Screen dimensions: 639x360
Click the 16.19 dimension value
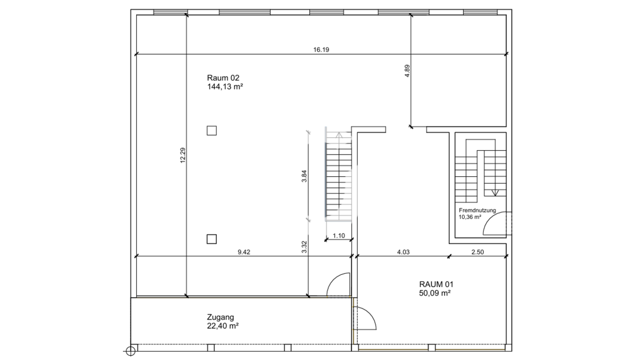point(321,50)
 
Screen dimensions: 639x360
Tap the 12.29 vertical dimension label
point(183,155)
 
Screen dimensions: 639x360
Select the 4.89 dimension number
point(407,71)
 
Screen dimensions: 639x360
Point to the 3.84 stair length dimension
point(304,176)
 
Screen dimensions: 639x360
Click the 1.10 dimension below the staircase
point(339,235)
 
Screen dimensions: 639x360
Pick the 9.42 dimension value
point(244,252)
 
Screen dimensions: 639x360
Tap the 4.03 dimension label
point(404,252)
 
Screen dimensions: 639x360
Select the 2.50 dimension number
point(478,252)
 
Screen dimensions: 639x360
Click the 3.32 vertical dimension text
point(304,247)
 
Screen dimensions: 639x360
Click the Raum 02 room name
point(223,78)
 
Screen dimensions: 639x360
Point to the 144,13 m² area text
point(225,86)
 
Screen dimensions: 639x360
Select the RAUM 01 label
point(436,284)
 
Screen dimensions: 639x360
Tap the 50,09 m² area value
point(435,293)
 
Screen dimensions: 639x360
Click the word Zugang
point(220,317)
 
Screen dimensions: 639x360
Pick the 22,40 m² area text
point(223,326)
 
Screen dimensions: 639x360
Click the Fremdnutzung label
point(477,210)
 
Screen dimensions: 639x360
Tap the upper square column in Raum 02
point(212,130)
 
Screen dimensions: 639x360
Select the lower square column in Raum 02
point(212,239)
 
